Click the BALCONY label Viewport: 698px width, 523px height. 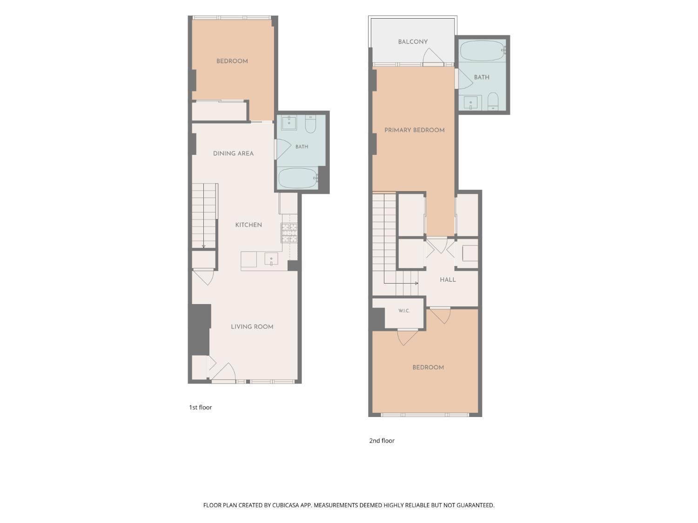pos(412,41)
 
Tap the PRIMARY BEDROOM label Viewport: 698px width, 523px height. pos(414,130)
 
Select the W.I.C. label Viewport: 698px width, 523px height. pos(404,311)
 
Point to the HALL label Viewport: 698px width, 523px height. pos(448,280)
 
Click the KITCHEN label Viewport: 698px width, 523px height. pos(248,225)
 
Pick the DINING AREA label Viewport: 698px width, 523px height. pos(233,153)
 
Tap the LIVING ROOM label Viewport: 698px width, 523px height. pos(252,326)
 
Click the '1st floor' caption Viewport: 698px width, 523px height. pos(201,407)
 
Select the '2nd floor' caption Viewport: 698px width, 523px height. pos(382,441)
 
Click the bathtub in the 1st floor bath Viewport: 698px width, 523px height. pos(298,178)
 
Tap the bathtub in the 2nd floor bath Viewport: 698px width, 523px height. pos(483,51)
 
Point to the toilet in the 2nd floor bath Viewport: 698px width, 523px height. pos(493,101)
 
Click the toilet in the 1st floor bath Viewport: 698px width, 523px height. pos(310,124)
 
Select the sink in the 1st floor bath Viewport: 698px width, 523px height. pos(289,123)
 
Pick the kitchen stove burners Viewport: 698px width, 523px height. pos(289,233)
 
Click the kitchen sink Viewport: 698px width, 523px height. pos(271,259)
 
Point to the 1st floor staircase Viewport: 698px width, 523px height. pos(204,216)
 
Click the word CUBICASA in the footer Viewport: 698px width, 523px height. pos(286,505)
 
